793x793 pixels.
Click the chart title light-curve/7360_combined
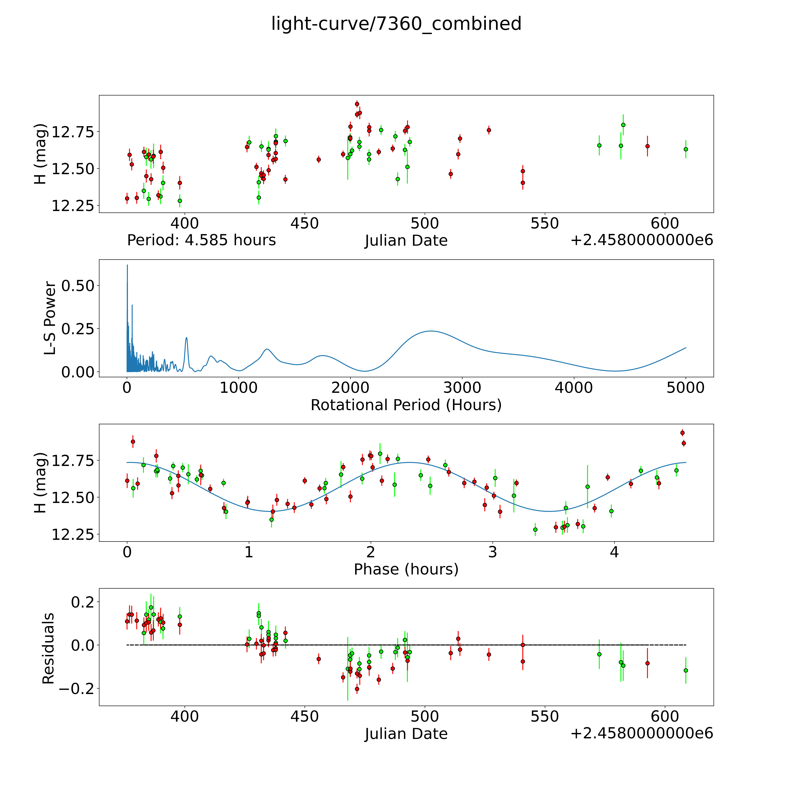[396, 24]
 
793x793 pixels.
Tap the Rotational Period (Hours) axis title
[406, 405]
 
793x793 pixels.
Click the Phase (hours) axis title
[406, 569]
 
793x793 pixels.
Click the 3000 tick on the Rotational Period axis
[462, 388]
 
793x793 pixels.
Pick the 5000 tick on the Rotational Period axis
[686, 388]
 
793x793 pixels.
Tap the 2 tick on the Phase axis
[371, 552]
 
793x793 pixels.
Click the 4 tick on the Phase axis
[614, 552]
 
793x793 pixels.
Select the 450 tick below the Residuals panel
[305, 716]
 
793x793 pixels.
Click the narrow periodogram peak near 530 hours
[186, 338]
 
